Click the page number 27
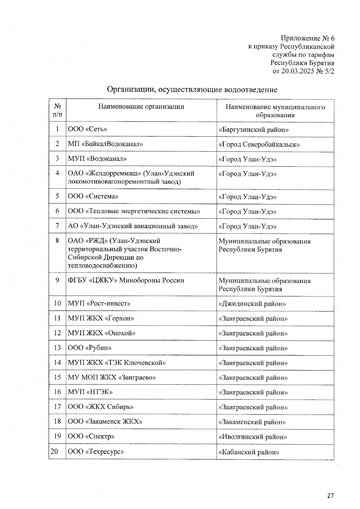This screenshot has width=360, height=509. click(330, 496)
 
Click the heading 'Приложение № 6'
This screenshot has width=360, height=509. click(307, 38)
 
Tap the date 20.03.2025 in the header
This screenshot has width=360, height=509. click(295, 71)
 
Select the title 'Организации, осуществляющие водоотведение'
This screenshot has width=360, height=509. click(192, 89)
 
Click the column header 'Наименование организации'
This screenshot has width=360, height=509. click(141, 106)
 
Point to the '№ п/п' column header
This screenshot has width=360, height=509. click(58, 110)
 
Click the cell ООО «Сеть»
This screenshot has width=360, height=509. click(87, 129)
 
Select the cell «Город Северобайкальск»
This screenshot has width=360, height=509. click(259, 144)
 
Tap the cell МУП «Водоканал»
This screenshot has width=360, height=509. click(97, 159)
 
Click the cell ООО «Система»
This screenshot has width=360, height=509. click(93, 196)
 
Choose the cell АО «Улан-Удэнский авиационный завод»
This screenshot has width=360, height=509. click(133, 226)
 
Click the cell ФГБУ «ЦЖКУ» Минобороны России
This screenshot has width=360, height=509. click(126, 281)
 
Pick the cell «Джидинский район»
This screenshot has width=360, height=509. click(252, 304)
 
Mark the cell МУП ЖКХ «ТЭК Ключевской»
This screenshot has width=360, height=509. click(117, 363)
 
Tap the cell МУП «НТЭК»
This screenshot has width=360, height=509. click(90, 392)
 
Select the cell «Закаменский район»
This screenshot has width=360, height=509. click(252, 422)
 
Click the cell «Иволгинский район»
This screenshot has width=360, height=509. click(253, 437)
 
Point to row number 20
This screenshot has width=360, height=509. click(54, 451)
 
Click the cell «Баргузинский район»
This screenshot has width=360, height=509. click(253, 130)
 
